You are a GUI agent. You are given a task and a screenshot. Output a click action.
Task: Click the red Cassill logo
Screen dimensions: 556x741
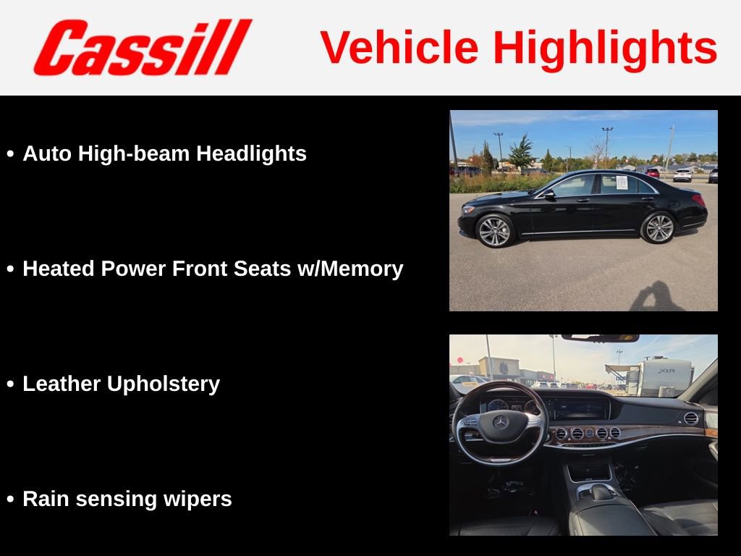tap(142, 47)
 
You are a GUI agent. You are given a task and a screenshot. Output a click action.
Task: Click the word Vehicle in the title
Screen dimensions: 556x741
tap(399, 48)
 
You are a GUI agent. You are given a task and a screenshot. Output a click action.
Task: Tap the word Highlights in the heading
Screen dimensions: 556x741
tap(605, 48)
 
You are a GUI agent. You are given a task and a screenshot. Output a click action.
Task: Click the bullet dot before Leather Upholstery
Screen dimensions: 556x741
tap(10, 384)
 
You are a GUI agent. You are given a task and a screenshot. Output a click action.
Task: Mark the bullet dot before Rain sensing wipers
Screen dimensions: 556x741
tap(10, 500)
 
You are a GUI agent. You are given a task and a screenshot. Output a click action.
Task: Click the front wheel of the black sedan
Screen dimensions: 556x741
tap(495, 231)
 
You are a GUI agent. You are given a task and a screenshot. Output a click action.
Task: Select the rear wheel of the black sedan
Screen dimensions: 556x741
tap(659, 227)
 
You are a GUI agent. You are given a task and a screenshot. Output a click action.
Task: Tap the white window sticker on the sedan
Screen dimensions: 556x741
tap(622, 182)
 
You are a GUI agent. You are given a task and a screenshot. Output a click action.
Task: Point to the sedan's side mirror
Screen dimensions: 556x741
tap(550, 194)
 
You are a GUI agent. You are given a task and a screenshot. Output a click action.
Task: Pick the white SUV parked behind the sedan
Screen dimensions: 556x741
tap(682, 174)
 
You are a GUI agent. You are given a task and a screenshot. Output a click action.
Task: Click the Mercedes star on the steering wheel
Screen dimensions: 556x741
tap(501, 422)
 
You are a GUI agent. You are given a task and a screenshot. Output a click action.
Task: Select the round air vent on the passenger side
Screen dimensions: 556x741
tap(691, 418)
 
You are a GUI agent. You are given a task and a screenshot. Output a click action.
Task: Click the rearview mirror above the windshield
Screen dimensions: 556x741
tap(600, 338)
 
